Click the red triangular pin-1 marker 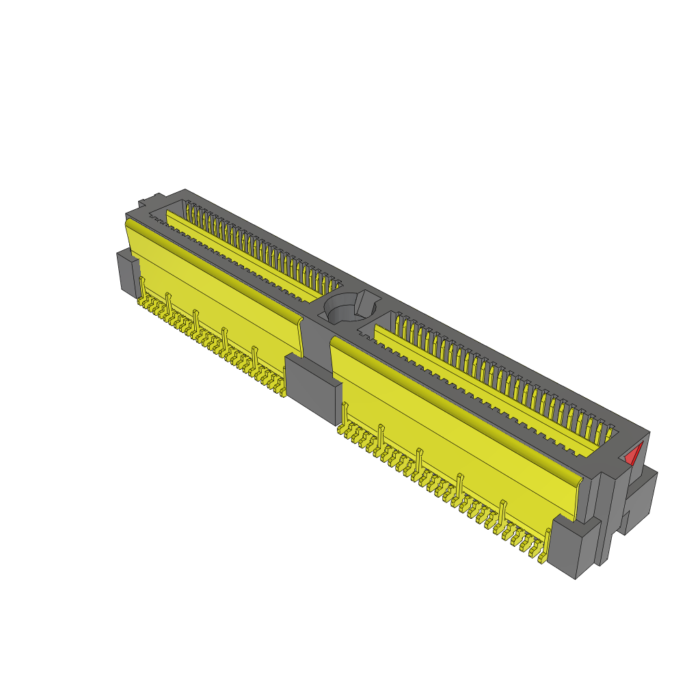635,454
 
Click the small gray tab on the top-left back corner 146,202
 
